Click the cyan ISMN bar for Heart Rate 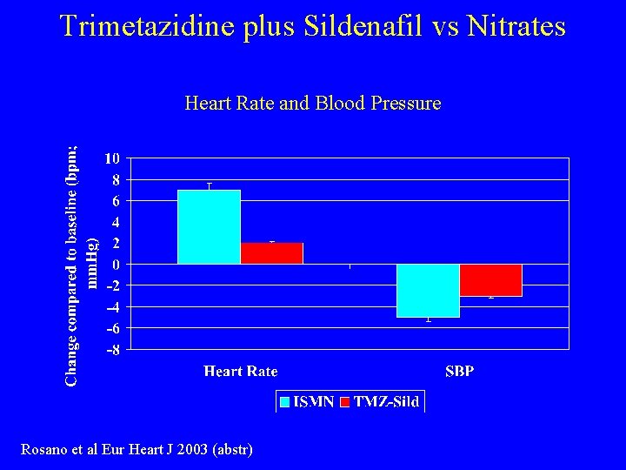209,226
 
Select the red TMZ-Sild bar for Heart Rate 271,253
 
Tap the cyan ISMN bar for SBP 428,291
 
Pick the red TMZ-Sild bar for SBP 490,280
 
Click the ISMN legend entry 306,401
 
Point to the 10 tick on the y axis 112,158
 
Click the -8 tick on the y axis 112,350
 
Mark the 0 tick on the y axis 116,265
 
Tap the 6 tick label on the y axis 116,201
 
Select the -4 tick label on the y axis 112,307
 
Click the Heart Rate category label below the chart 241,372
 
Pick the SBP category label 460,372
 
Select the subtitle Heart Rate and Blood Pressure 313,104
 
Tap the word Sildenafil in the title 336,26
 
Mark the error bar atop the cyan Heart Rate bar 209,185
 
